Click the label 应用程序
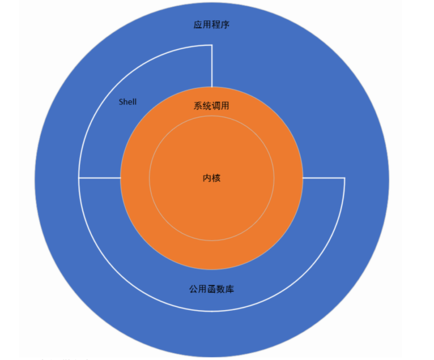(x=212, y=25)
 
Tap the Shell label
(x=128, y=102)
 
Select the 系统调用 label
(x=212, y=106)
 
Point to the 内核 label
(x=212, y=178)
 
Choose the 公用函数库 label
(x=212, y=289)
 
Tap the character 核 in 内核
(x=216, y=178)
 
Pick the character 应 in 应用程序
(x=198, y=25)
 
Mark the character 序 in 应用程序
(x=225, y=25)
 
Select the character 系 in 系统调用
(x=198, y=106)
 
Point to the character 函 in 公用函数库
(x=212, y=289)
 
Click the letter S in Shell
(x=121, y=102)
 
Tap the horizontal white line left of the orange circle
(x=99, y=178)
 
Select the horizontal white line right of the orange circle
(x=323, y=178)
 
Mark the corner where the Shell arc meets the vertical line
(x=211, y=45)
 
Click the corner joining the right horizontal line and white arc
(x=344, y=178)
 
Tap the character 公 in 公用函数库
(x=194, y=289)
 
